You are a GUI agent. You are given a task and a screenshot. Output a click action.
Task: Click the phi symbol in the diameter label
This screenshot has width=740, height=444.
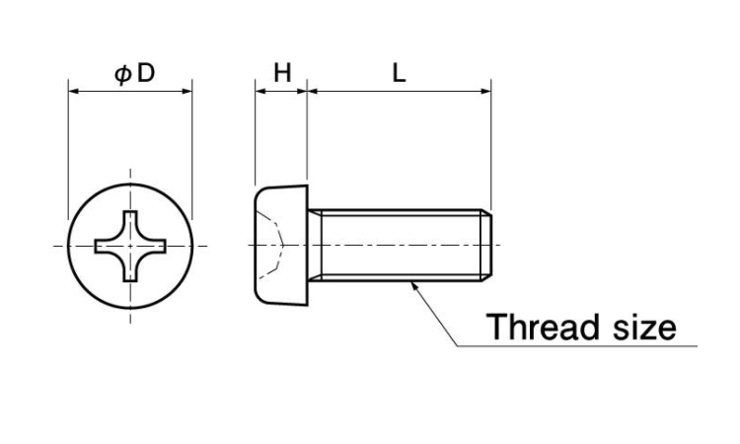[122, 75]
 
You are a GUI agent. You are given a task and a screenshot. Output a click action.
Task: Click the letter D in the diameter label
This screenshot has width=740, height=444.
[146, 73]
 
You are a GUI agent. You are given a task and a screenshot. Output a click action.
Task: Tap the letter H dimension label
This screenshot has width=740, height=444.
[282, 73]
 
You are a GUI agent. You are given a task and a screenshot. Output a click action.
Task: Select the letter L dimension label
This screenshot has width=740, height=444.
[399, 73]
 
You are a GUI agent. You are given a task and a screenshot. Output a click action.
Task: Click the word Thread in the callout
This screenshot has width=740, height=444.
[542, 326]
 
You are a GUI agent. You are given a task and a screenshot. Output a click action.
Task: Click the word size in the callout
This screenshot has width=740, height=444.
[644, 326]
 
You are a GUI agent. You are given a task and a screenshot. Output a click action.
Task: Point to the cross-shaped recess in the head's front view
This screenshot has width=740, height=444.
[130, 247]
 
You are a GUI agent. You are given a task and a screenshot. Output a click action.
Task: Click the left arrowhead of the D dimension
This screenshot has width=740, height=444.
[74, 91]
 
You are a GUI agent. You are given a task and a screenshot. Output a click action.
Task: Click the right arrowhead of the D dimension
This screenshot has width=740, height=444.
[187, 91]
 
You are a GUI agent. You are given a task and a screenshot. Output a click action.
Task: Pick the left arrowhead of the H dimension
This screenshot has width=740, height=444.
[260, 91]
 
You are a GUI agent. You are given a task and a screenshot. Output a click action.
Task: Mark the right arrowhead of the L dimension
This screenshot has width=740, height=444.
[486, 91]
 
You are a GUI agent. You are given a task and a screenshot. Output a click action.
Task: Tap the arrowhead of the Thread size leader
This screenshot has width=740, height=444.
[413, 285]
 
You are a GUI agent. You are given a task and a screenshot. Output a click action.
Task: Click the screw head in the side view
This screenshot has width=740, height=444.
[281, 246]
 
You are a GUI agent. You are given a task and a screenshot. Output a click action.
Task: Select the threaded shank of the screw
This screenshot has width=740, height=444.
[400, 246]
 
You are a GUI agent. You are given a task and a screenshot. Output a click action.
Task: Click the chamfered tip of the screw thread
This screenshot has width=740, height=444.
[486, 246]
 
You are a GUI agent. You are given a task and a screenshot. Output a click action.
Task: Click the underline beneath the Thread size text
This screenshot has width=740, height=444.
[577, 346]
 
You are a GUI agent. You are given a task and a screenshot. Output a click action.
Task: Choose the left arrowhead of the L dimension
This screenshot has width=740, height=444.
[313, 91]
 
